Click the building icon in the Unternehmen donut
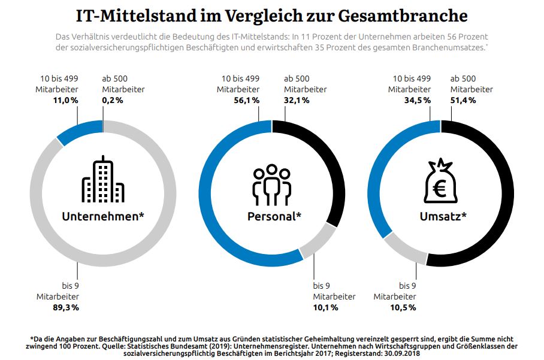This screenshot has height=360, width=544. pos(102,179)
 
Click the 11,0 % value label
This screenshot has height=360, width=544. pos(66,101)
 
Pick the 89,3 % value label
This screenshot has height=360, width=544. pos(66,307)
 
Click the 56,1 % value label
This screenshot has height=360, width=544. pos(246,101)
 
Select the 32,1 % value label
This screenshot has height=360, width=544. pos(297,101)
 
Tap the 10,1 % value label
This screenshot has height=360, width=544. pos(325,307)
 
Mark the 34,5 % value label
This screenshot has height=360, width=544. pos(418,101)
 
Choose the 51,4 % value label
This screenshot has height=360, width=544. pos(463,101)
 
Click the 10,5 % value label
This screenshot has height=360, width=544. pos(403,307)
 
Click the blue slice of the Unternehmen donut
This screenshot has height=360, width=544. pos(78,131)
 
